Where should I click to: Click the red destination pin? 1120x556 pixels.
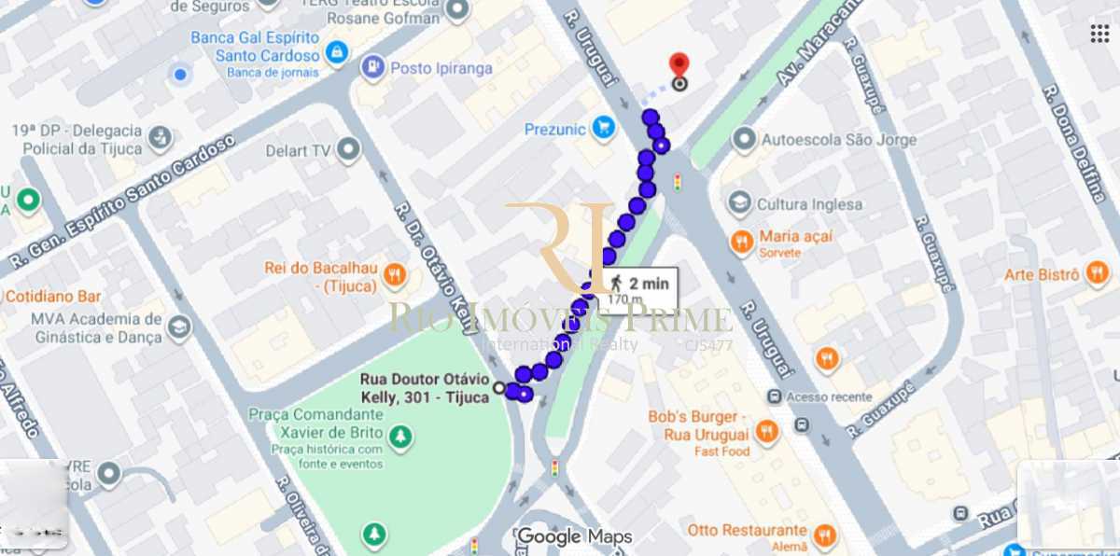pos(679,64)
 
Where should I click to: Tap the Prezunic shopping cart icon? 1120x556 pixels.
pos(604,129)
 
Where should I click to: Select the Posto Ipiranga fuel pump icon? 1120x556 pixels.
pos(371,67)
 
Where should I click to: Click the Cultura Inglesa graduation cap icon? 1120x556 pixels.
pos(740,203)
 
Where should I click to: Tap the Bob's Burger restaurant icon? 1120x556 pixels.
pos(766,430)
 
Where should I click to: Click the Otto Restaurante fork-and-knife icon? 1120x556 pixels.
pos(823,535)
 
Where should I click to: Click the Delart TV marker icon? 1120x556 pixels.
pos(350,148)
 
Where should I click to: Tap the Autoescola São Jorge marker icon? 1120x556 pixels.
pos(744,140)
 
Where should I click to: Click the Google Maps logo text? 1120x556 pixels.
pos(575,536)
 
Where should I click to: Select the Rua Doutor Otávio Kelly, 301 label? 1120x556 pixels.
pos(426,388)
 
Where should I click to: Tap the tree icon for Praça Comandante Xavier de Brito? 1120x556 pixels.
pos(400,436)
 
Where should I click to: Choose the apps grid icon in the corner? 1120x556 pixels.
pos(1099,34)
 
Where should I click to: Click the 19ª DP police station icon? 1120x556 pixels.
pos(161,139)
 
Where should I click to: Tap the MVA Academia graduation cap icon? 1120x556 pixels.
pos(178,327)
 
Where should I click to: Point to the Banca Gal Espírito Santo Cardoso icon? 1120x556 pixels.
pos(337,52)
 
